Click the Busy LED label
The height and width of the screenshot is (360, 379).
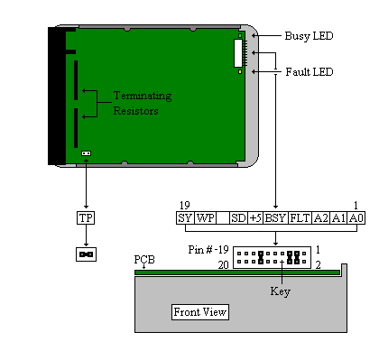pyautogui.click(x=309, y=36)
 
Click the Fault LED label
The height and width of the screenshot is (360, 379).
pyautogui.click(x=310, y=72)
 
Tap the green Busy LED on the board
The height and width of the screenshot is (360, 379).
pyautogui.click(x=240, y=36)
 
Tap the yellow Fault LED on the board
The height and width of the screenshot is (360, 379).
pyautogui.click(x=240, y=72)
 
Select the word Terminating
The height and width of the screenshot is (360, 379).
pyautogui.click(x=143, y=97)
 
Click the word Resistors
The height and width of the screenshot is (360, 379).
pyautogui.click(x=135, y=111)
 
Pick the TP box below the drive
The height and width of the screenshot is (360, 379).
pyautogui.click(x=86, y=217)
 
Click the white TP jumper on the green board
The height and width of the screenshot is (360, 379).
pyautogui.click(x=87, y=153)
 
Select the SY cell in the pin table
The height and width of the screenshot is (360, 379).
pyautogui.click(x=185, y=217)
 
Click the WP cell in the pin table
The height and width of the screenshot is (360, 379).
pyautogui.click(x=205, y=217)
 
